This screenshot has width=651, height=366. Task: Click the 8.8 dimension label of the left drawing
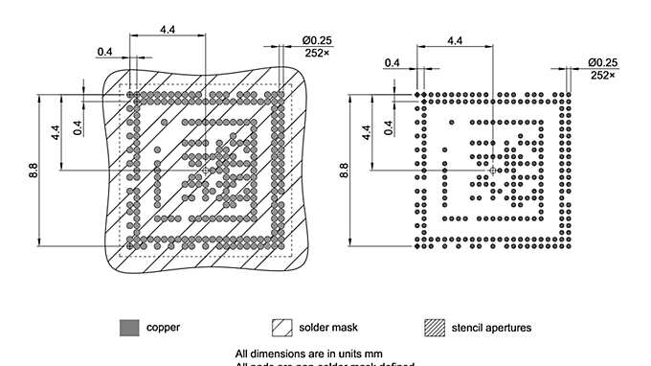33,171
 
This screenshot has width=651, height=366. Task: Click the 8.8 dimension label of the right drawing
344,171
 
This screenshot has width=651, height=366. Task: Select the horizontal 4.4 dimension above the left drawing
168,31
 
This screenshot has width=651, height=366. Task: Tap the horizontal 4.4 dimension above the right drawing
455,41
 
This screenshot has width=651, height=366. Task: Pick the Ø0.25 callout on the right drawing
602,63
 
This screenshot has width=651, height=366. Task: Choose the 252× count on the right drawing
602,75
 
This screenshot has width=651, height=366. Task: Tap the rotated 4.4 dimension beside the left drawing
56,131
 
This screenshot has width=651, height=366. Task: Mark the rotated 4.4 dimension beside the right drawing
366,131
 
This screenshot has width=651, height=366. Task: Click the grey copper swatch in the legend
129,328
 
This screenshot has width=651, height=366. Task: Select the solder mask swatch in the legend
282,328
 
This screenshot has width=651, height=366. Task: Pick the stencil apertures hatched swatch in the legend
436,328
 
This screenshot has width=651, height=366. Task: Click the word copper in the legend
163,328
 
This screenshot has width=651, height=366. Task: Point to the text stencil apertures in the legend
492,328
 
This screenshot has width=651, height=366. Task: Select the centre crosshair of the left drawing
205,170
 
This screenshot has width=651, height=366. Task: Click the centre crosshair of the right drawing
492,170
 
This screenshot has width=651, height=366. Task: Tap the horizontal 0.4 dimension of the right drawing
393,63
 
